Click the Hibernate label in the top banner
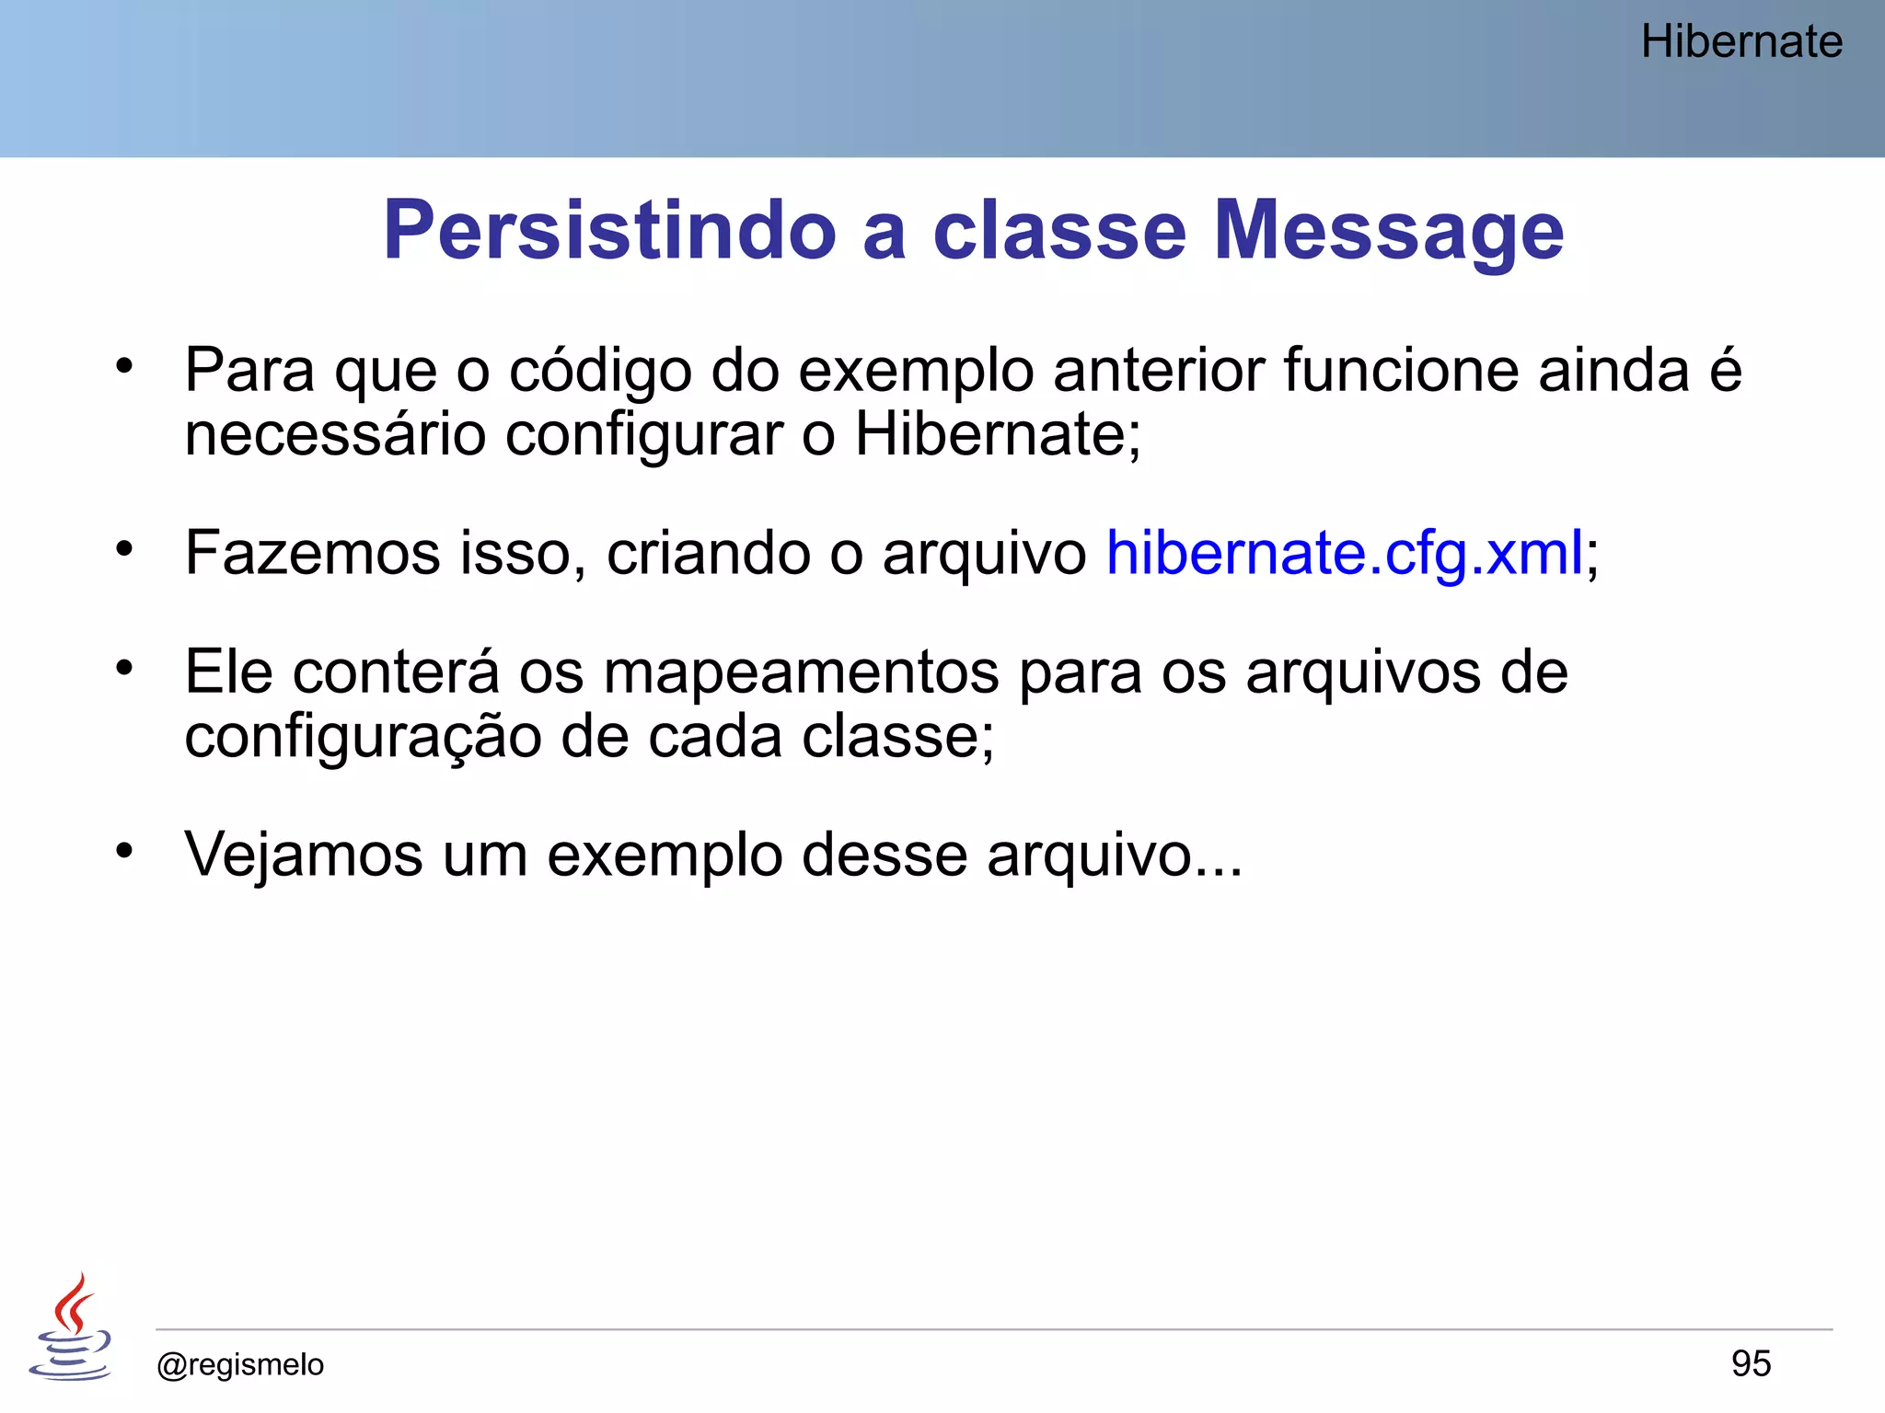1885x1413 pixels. tap(1740, 42)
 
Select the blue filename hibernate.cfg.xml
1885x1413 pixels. tap(1344, 554)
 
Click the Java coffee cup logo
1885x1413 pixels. tap(71, 1327)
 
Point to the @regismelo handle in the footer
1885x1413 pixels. tap(240, 1364)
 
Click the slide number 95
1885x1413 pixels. tap(1751, 1363)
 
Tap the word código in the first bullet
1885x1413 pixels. tap(600, 372)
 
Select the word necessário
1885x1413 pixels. tap(335, 434)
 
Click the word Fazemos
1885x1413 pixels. tap(313, 554)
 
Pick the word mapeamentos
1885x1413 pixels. tap(801, 672)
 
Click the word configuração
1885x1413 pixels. tap(363, 737)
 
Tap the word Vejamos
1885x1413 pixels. tap(304, 855)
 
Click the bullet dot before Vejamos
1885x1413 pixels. tap(124, 850)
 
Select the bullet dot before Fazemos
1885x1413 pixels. tap(124, 549)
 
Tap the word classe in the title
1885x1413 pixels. tap(1059, 230)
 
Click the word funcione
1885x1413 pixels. tap(1402, 371)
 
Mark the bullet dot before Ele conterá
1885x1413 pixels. tap(124, 668)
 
